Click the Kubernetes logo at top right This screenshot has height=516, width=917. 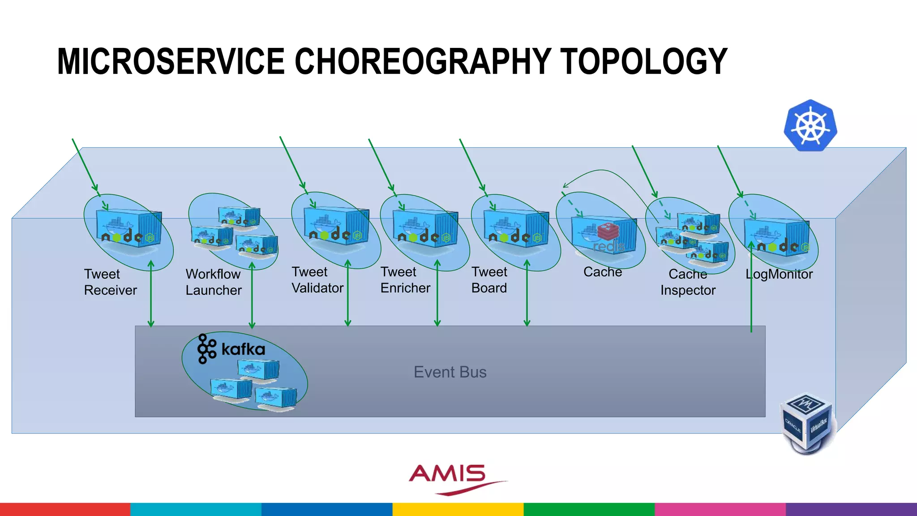tap(810, 125)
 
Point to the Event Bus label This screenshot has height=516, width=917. tap(450, 372)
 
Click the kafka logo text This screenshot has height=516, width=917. tap(243, 349)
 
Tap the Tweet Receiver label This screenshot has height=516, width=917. tap(110, 282)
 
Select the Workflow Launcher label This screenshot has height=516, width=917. tap(214, 282)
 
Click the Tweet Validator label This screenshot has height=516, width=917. tap(317, 280)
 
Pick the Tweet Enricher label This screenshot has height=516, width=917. tap(405, 280)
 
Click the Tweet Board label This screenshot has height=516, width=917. tap(489, 280)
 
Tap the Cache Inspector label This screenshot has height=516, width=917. tap(688, 282)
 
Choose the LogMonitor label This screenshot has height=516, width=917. tap(779, 274)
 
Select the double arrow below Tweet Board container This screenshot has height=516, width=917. tap(527, 293)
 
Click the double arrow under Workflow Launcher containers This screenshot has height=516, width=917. tap(252, 296)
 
